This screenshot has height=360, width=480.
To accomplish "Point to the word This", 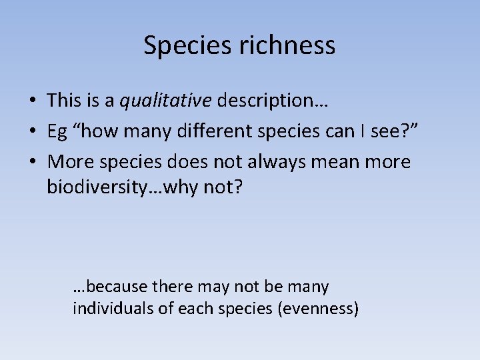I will click(64, 101).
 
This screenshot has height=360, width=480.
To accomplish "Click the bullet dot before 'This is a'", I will click(32, 101).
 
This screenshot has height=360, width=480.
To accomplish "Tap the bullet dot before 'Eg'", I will click(32, 132).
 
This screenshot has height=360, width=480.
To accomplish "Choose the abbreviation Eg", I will click(57, 132).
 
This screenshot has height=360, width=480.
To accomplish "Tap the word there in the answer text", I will click(171, 287).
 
